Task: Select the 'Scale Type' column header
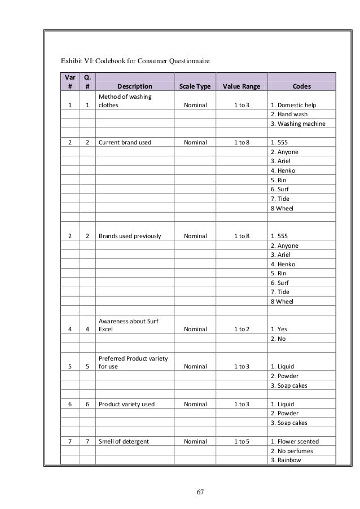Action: (x=195, y=86)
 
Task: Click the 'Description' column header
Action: (x=134, y=86)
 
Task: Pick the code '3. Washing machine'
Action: (x=298, y=124)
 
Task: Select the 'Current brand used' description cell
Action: (x=125, y=143)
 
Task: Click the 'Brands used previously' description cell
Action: (x=130, y=236)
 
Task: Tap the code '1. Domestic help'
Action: (x=295, y=105)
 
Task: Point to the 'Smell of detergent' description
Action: (x=123, y=441)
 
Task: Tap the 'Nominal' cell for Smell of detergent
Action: (x=195, y=441)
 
